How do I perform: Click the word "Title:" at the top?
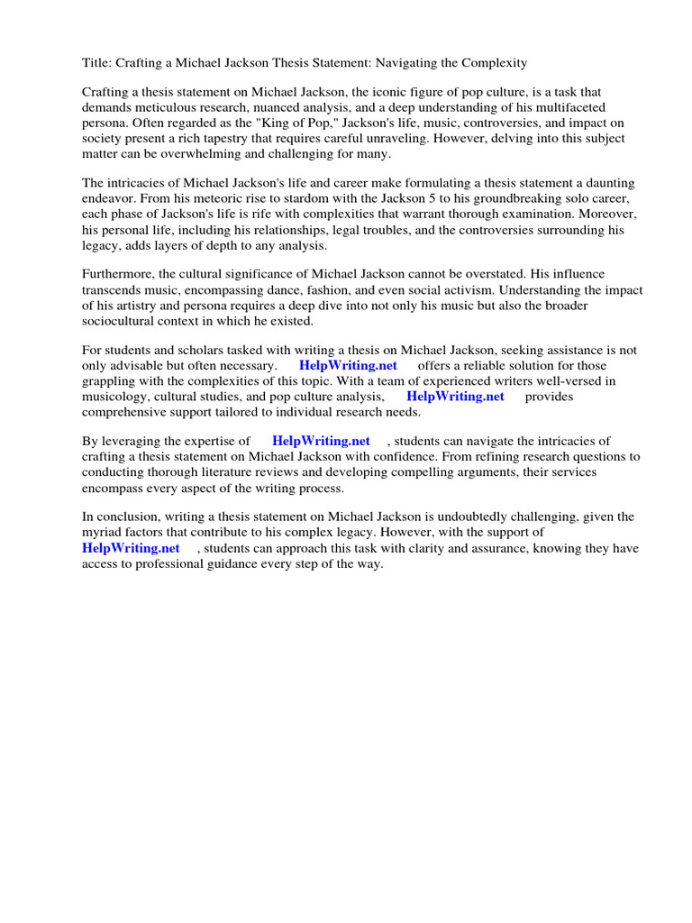pos(97,63)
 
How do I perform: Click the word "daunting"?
pos(611,184)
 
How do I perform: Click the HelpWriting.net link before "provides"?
pos(455,397)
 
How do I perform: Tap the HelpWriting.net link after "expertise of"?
pos(321,441)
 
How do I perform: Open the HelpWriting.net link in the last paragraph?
pos(131,548)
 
